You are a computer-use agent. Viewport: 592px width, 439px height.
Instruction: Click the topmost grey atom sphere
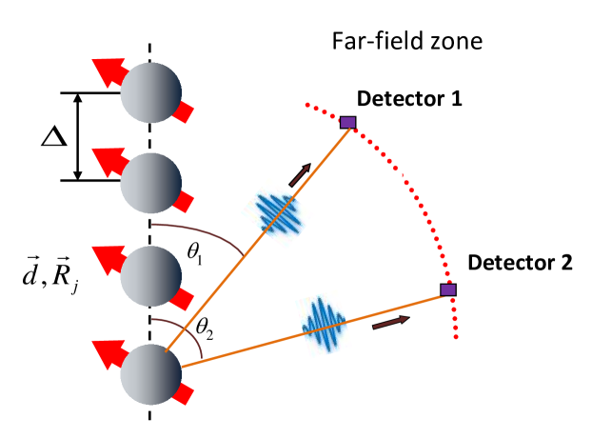pos(150,92)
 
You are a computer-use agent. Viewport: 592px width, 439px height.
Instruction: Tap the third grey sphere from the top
pos(150,273)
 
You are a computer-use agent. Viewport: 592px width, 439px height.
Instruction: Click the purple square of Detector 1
pos(347,122)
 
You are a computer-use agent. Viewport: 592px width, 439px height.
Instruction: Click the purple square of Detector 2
pos(448,289)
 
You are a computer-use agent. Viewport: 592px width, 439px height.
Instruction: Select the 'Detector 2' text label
pos(520,262)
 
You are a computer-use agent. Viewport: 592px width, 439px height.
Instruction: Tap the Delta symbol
pos(49,134)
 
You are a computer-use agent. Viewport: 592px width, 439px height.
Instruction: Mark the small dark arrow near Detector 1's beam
pos(300,175)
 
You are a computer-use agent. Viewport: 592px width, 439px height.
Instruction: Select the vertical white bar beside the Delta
pos(80,134)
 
